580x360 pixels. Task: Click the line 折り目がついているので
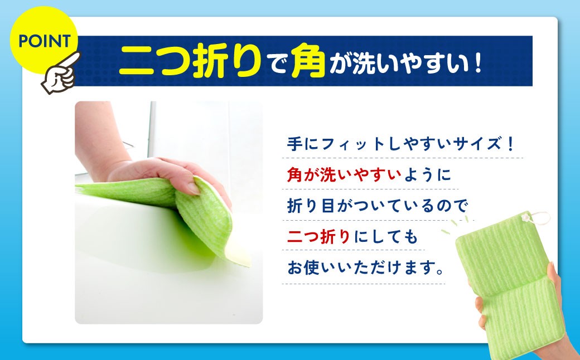(x=376, y=206)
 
